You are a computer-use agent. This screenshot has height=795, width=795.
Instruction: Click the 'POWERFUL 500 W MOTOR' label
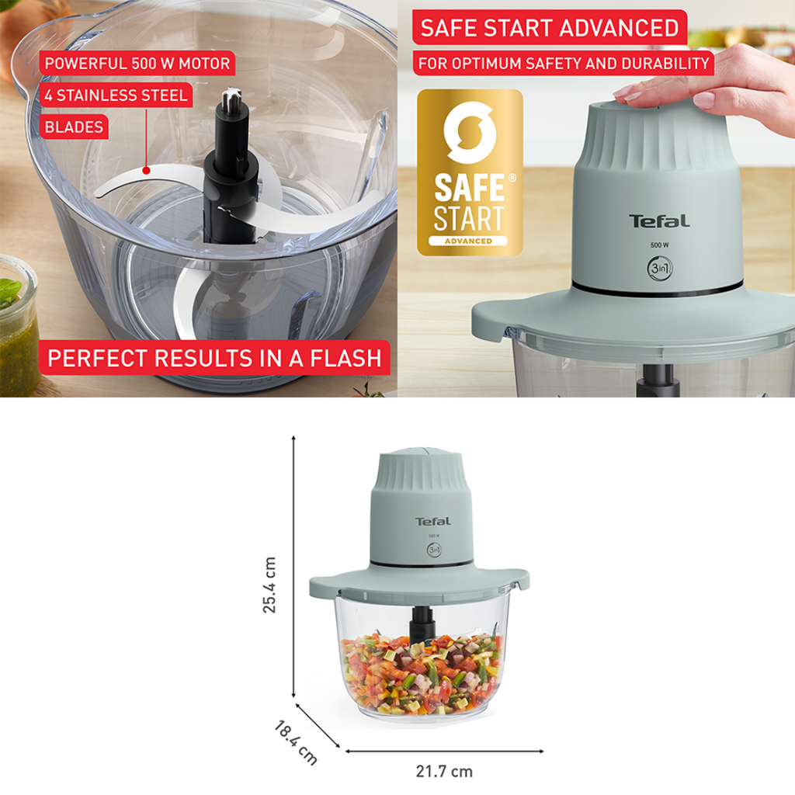[137, 64]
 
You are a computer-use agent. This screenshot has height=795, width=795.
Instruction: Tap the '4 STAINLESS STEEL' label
[116, 95]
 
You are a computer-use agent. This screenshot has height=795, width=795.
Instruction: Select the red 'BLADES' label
[74, 127]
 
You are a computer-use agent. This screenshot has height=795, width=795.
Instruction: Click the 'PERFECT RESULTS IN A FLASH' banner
[214, 358]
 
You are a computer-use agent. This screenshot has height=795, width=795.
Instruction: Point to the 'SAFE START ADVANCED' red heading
[550, 27]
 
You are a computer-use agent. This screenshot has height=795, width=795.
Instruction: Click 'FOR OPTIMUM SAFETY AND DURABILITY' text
[564, 64]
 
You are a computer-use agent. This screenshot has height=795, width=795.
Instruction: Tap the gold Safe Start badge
[470, 172]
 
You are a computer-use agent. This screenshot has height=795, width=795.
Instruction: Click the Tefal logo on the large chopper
[659, 221]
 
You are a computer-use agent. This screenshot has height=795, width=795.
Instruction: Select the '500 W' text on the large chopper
[660, 245]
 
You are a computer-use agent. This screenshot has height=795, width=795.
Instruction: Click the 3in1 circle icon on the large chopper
[660, 268]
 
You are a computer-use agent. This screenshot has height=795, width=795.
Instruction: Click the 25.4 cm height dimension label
[269, 585]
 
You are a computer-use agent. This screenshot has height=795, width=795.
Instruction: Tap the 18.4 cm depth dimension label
[296, 743]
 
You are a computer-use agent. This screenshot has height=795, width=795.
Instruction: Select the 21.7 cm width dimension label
[444, 771]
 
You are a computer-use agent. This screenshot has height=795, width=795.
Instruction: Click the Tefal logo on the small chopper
[433, 521]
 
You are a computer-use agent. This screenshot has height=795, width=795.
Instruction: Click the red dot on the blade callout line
[146, 171]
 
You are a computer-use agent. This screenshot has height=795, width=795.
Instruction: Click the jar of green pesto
[19, 325]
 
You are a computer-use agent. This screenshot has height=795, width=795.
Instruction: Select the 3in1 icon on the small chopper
[434, 550]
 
